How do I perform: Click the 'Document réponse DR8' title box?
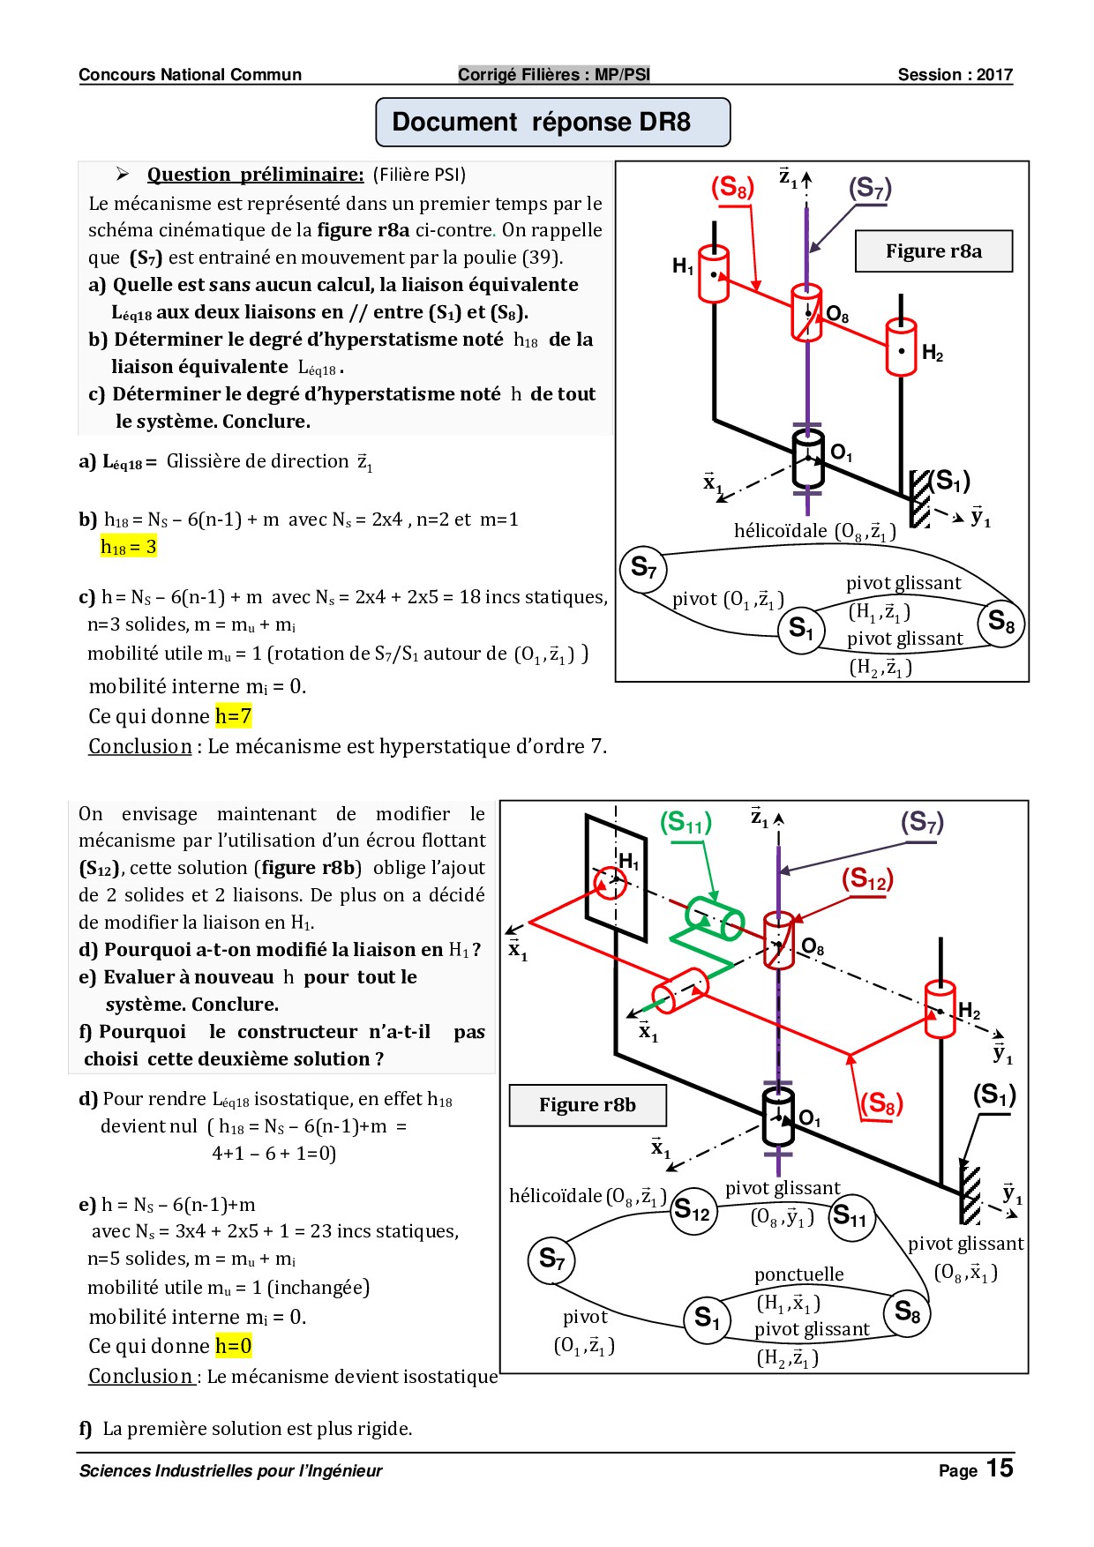(553, 122)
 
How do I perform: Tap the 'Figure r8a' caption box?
(933, 251)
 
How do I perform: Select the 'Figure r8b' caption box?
(588, 1105)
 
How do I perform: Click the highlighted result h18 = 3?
(129, 547)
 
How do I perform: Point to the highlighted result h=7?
(234, 716)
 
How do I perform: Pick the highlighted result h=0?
(234, 1346)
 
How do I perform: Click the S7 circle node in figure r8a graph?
(643, 568)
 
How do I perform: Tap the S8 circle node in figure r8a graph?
(1000, 623)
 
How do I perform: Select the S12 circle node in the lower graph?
(691, 1211)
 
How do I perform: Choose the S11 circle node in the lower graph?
(850, 1217)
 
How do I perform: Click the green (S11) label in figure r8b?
(686, 823)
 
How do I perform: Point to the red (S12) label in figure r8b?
(867, 879)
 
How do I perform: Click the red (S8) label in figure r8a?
(732, 188)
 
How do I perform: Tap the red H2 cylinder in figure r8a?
(901, 348)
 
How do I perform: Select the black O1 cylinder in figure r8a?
(808, 459)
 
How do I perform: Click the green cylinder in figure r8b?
(715, 918)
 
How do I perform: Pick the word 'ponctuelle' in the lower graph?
(798, 1274)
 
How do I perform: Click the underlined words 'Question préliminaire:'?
(255, 175)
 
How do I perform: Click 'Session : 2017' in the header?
(955, 75)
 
